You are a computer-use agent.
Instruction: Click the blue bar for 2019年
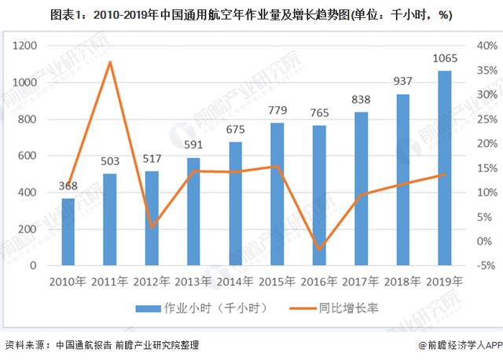point(445,168)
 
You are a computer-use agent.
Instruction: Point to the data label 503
point(111,161)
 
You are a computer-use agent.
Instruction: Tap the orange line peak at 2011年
point(111,62)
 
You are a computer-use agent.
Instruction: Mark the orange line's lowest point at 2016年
point(319,249)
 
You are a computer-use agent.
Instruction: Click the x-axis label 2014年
point(236,281)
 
